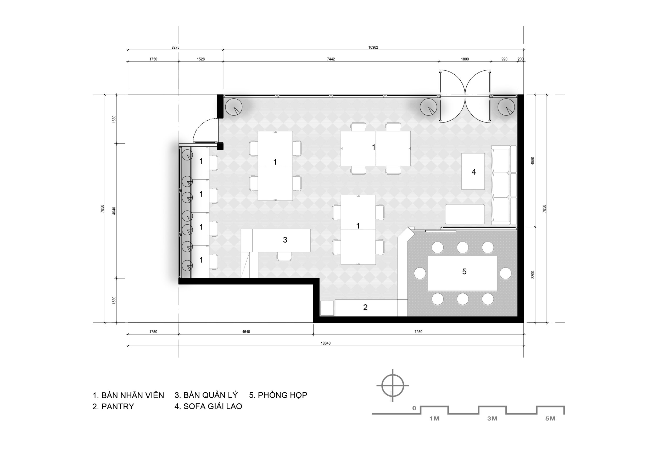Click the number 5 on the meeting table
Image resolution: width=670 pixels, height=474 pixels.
tap(464, 272)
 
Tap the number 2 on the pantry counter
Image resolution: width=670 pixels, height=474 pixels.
tap(365, 307)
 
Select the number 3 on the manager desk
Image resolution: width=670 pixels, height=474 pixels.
tap(285, 240)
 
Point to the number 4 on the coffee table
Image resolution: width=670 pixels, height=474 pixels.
tap(474, 172)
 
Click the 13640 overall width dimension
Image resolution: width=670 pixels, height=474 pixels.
tap(326, 343)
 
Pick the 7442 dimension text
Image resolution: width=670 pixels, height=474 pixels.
tap(331, 59)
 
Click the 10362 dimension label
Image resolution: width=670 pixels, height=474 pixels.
tap(373, 47)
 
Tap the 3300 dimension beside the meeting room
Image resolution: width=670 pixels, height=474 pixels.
tap(533, 275)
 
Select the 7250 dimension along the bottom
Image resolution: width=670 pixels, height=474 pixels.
tap(418, 332)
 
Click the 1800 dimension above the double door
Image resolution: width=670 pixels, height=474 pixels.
tap(465, 59)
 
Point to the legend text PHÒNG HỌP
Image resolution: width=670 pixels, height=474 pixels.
tap(282, 395)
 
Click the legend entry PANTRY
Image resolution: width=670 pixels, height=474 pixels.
tap(118, 406)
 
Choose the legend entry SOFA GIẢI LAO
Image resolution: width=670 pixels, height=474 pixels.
tap(213, 406)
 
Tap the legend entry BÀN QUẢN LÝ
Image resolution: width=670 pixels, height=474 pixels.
tap(210, 395)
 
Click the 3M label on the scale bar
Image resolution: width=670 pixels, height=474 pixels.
tap(492, 419)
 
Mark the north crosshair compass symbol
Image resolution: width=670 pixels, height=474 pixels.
tap(393, 386)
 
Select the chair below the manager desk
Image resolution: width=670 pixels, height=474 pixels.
tap(284, 256)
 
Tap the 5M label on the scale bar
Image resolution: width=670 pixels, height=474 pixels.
tap(550, 419)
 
